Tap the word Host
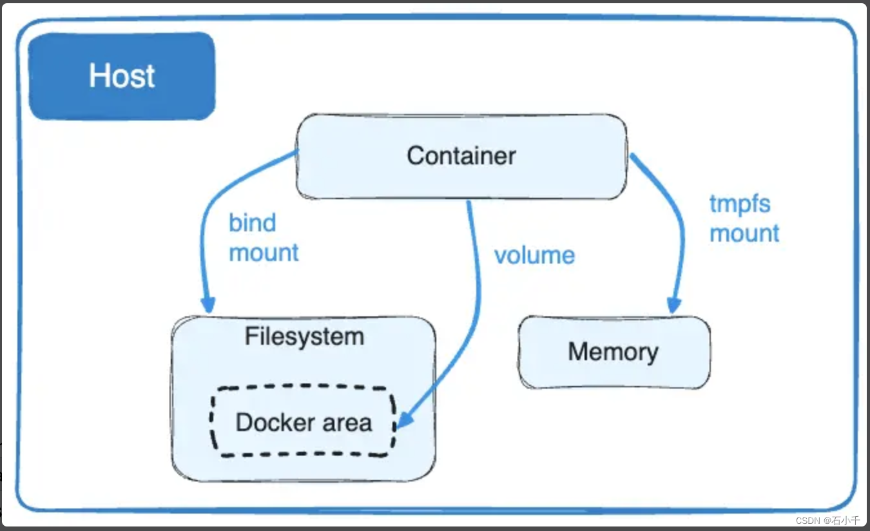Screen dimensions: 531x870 (122, 75)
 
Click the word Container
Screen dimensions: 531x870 (461, 156)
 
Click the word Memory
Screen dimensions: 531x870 (613, 352)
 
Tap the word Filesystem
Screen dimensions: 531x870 (304, 336)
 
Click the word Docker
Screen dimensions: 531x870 (269, 423)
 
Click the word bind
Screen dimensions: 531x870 (252, 223)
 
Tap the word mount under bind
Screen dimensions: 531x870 (264, 253)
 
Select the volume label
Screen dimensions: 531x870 (534, 255)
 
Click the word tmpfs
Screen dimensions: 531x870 (740, 204)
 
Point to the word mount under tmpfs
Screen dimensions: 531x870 (744, 233)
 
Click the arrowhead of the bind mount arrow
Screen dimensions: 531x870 (208, 304)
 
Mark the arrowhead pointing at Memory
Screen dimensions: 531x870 (674, 305)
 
